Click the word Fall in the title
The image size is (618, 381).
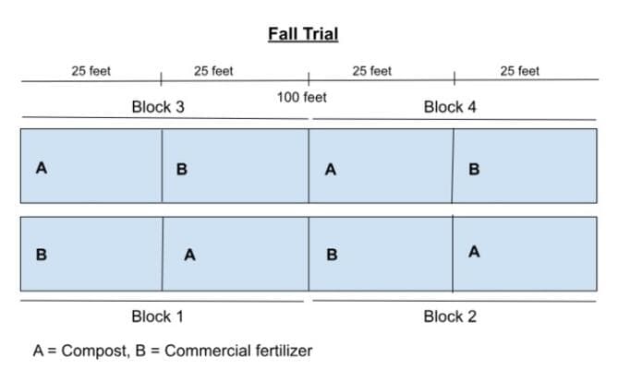tap(282, 34)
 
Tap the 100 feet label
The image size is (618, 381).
tap(302, 97)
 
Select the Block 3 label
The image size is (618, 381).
tap(158, 107)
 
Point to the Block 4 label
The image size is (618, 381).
tap(450, 107)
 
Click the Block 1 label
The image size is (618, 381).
tap(157, 316)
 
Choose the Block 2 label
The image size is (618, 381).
tap(450, 316)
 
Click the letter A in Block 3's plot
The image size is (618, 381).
tap(42, 168)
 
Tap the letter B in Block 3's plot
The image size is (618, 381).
tap(182, 169)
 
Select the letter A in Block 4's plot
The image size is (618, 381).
tap(331, 170)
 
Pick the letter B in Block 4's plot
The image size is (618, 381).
tap(474, 169)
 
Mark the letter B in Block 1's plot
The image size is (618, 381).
tap(42, 255)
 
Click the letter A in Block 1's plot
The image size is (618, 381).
tap(190, 255)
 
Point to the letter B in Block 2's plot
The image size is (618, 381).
tap(332, 255)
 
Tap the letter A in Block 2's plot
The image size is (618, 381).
tap(474, 252)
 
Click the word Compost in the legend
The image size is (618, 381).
tap(95, 351)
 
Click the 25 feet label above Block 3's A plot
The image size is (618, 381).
tap(91, 71)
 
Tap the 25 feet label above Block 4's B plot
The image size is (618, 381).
tap(520, 71)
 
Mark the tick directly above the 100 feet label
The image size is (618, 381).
tap(309, 78)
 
